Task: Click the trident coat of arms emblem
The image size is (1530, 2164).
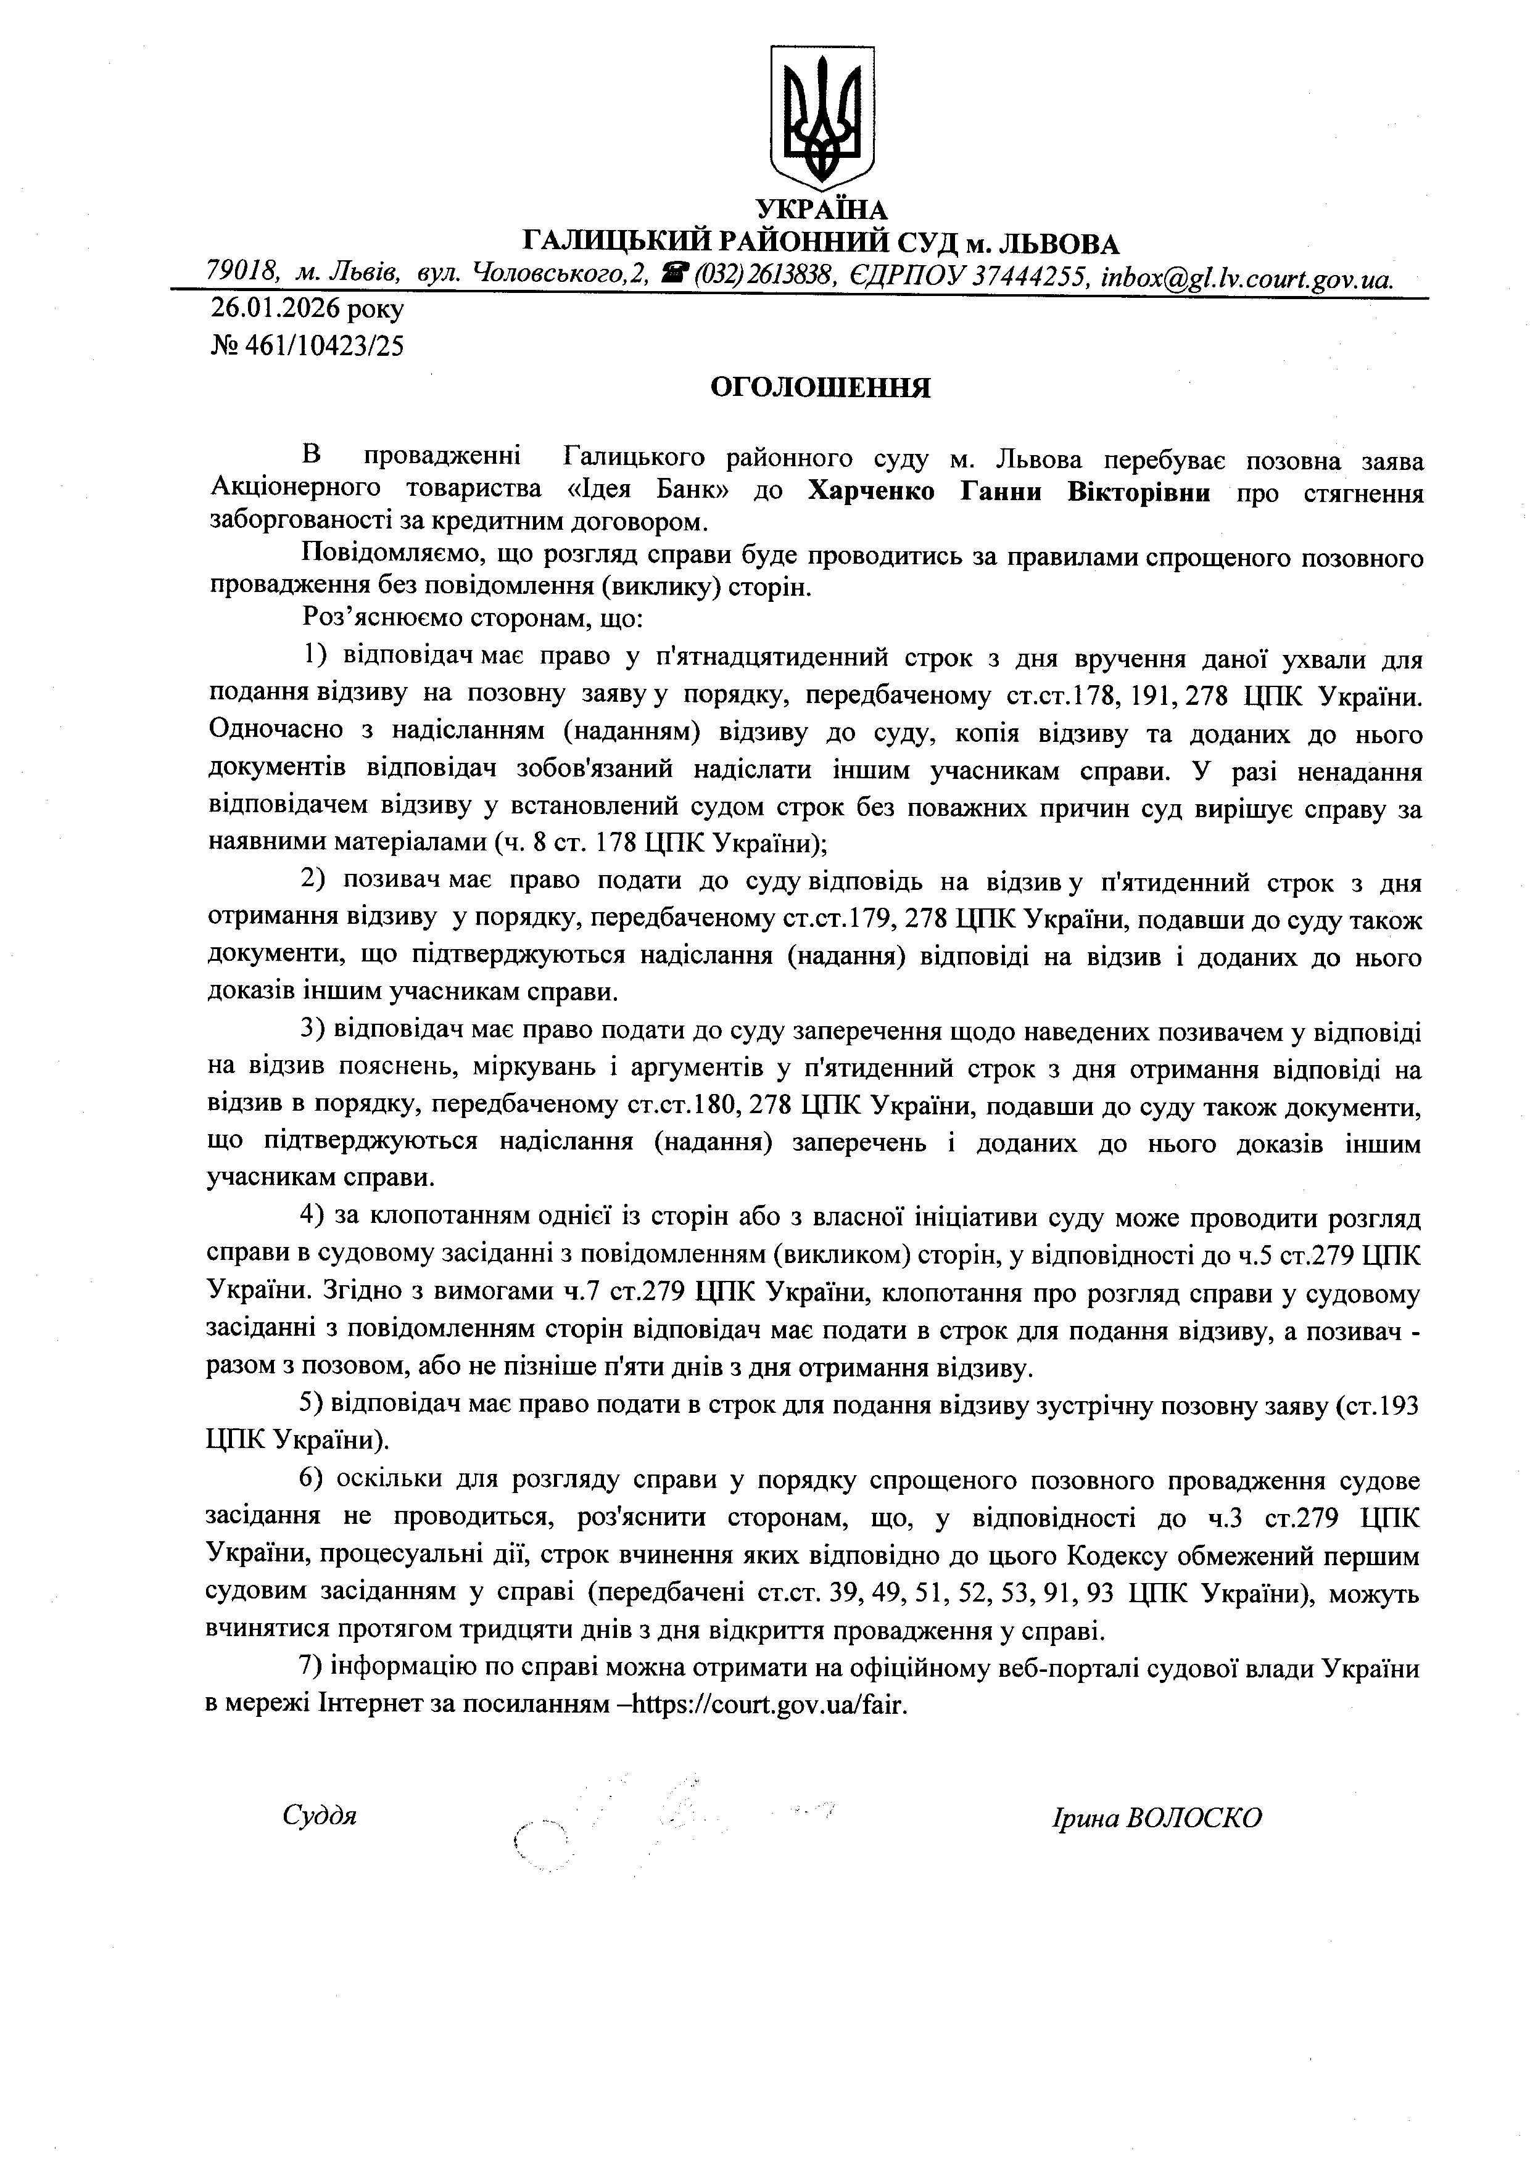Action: [823, 118]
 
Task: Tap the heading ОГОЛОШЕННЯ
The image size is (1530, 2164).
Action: [820, 389]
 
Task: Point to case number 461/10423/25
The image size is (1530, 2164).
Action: [325, 347]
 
